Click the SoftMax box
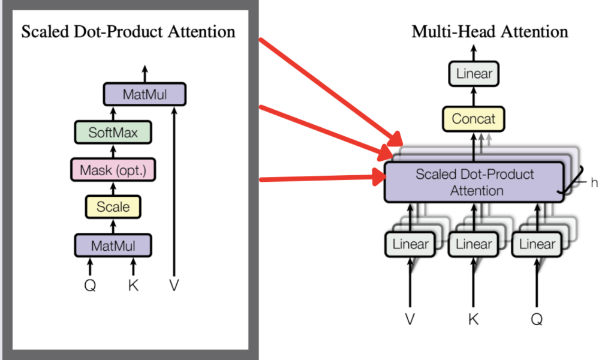pos(113,132)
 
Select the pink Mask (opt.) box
pos(113,170)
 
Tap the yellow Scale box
pos(113,207)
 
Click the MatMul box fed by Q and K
pos(113,245)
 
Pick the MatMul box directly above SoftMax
pos(145,94)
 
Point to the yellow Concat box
pos(474,119)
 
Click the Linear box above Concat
pos(474,74)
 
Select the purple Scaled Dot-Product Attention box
pos(474,182)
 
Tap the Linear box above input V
pos(411,244)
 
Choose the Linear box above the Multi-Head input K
pos(474,244)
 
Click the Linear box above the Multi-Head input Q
pos(537,244)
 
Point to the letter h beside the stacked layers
pos(594,183)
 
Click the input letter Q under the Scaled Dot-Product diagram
pos(90,286)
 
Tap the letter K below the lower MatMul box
pos(133,286)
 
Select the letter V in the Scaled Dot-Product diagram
pos(174,286)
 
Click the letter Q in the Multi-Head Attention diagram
pos(537,319)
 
